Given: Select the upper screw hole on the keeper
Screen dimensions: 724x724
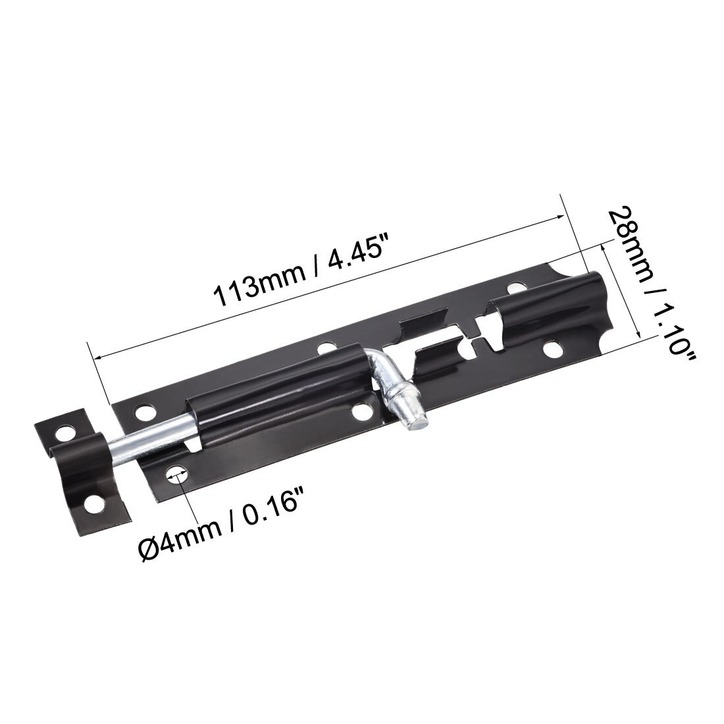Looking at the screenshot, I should pos(65,434).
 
